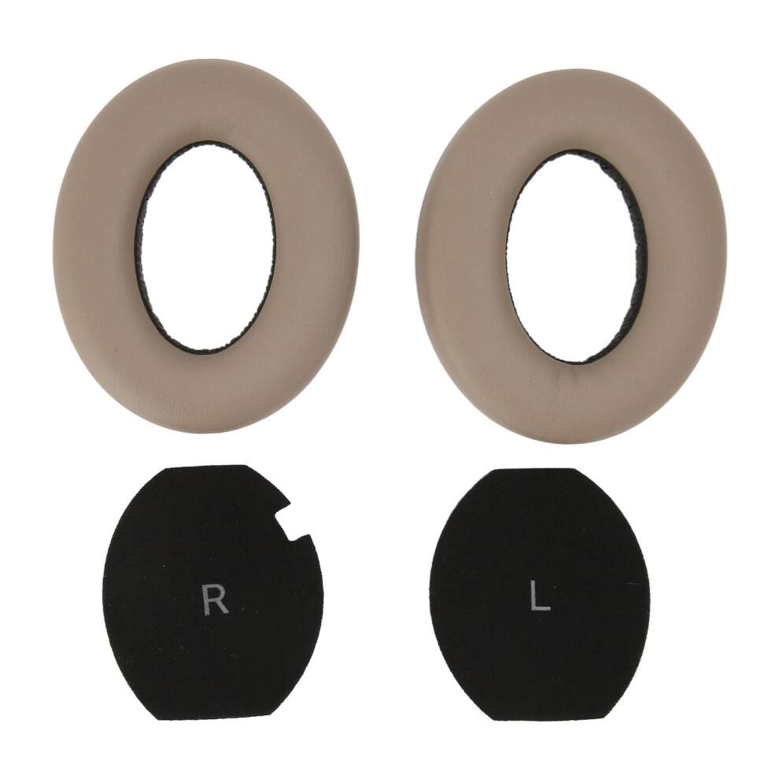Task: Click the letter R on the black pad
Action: tap(216, 600)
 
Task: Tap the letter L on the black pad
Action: tap(540, 595)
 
